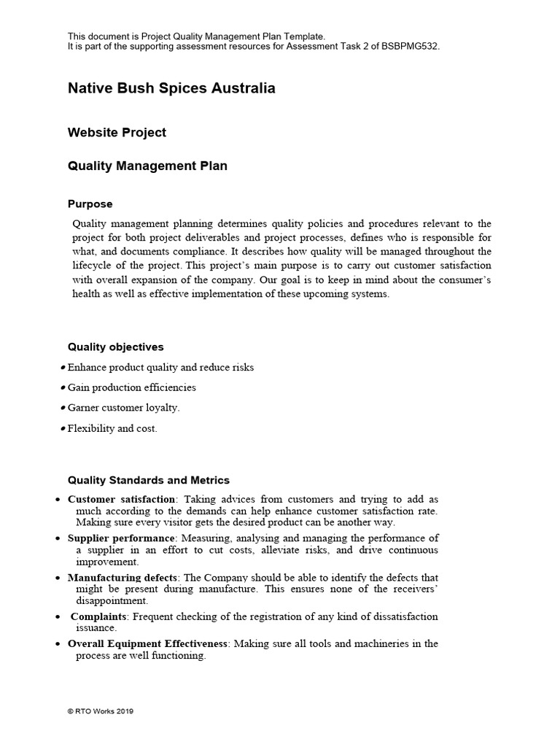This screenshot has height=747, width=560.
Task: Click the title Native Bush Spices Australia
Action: [x=171, y=88]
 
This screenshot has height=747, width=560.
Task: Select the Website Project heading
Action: [x=117, y=132]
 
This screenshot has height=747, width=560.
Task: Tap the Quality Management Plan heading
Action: [x=147, y=166]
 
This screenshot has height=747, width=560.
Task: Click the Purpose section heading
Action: [x=90, y=204]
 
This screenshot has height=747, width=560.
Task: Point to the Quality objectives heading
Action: [x=115, y=347]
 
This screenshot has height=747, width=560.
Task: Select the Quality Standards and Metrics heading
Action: [x=148, y=480]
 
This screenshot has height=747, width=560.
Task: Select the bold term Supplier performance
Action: [x=121, y=538]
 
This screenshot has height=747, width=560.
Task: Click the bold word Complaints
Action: [x=98, y=616]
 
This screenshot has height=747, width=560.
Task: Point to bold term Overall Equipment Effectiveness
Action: [x=148, y=643]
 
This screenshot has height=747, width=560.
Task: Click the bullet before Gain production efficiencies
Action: [x=63, y=388]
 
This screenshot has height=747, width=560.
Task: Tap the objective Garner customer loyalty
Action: [x=123, y=408]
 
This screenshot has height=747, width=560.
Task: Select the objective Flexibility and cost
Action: [x=112, y=428]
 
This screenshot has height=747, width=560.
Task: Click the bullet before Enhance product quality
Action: [x=63, y=368]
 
